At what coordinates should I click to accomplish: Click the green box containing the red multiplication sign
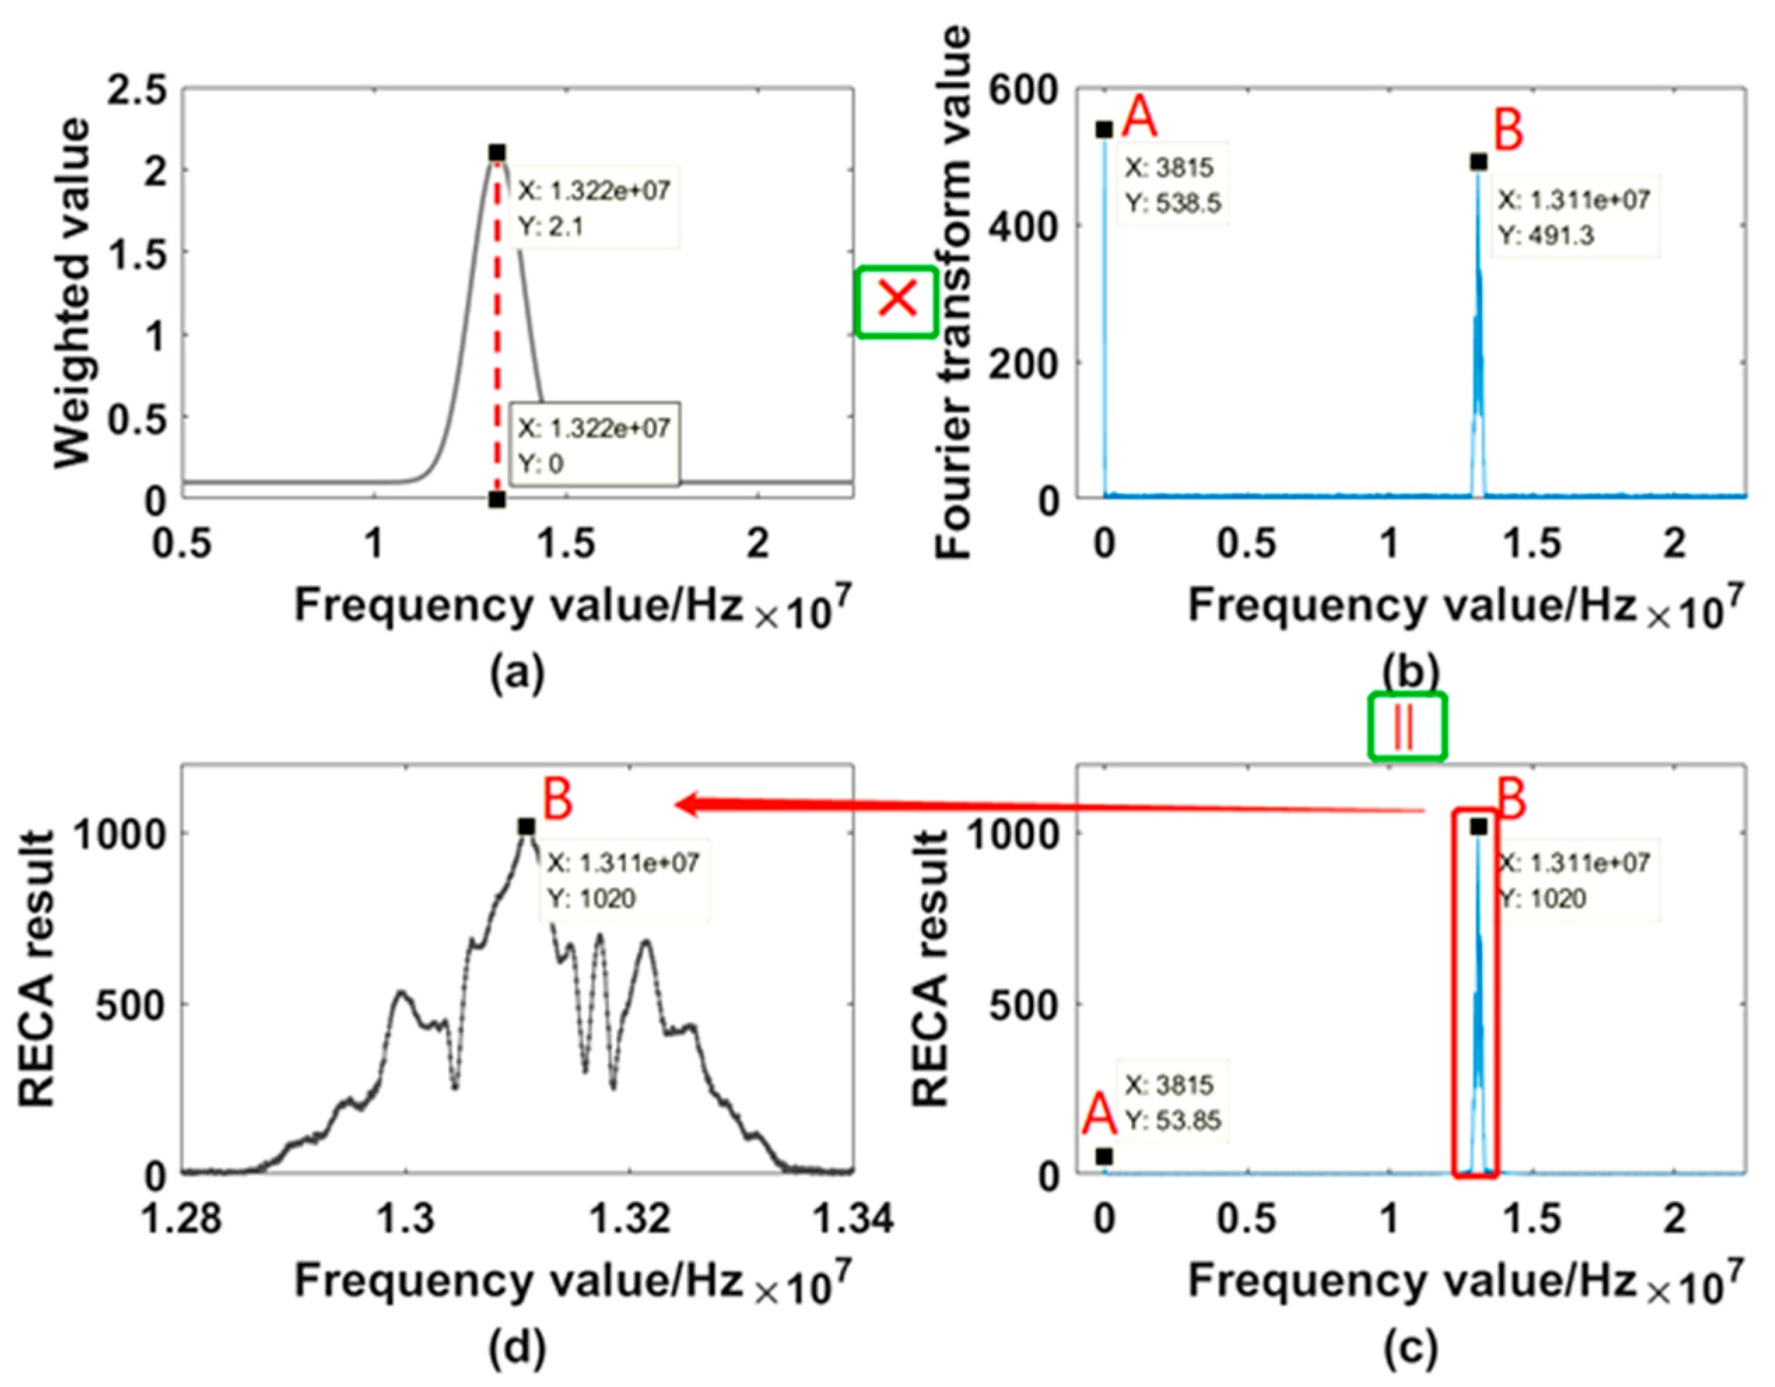click(897, 301)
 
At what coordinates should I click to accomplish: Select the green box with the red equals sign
click(1407, 726)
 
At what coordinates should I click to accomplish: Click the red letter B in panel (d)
click(557, 799)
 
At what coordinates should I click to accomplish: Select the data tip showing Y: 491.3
click(1574, 217)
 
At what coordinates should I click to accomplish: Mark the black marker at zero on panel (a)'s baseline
click(497, 500)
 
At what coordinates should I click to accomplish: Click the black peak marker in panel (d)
click(527, 827)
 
